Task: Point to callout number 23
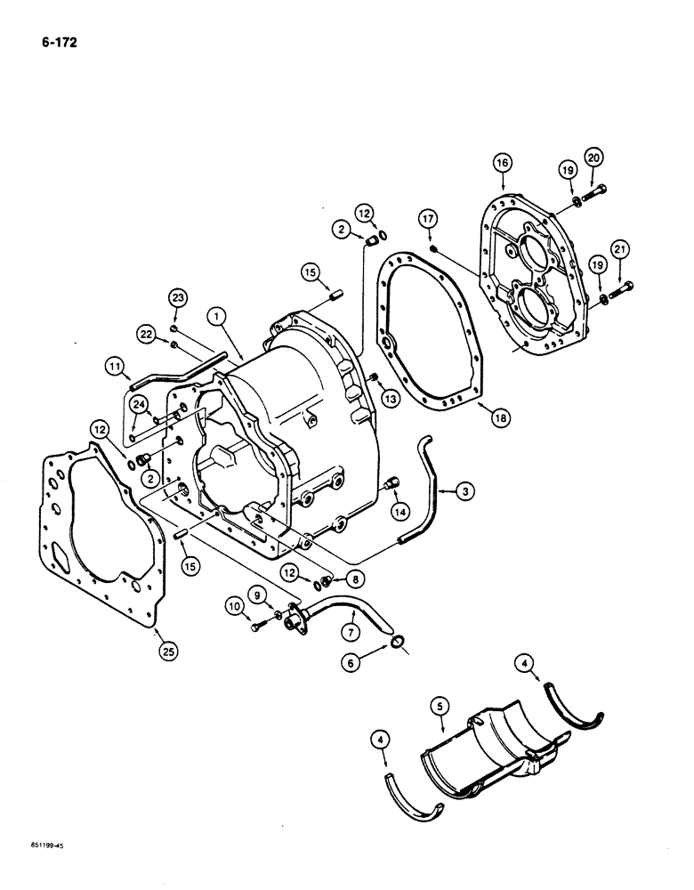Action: tap(177, 300)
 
